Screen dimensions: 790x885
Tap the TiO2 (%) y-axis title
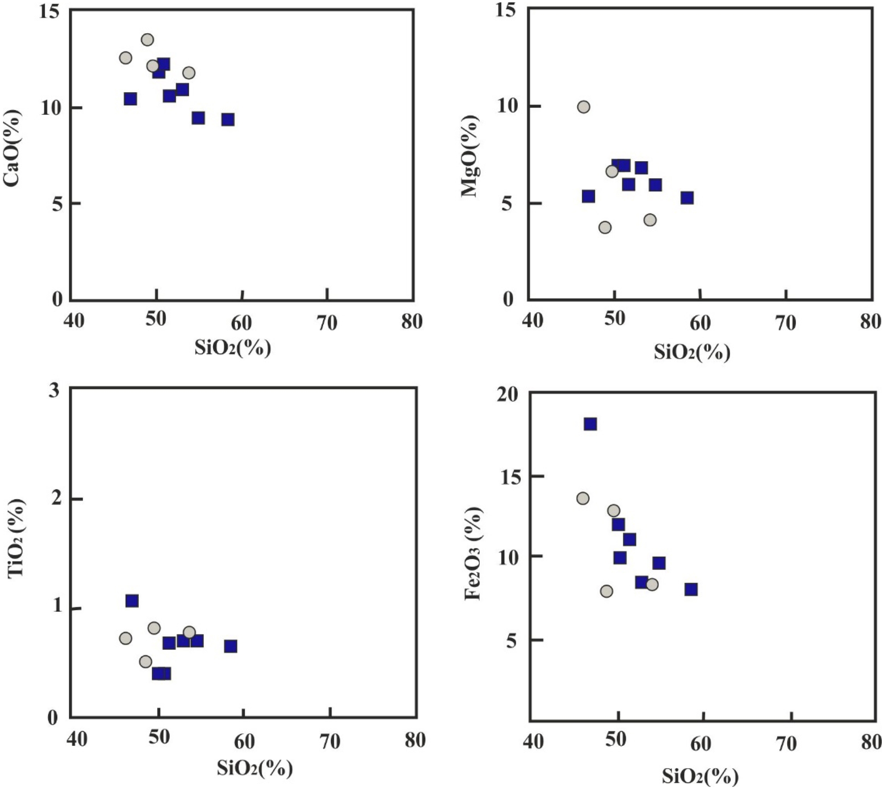[17, 538]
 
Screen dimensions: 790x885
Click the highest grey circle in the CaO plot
[147, 40]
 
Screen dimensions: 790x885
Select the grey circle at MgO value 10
[584, 107]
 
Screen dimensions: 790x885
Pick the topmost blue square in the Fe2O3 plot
[590, 424]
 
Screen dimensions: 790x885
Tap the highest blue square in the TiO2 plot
[132, 601]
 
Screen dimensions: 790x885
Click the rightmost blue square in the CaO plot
[228, 120]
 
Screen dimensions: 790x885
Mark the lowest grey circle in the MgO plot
[605, 227]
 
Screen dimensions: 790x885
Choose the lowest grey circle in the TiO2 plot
[146, 662]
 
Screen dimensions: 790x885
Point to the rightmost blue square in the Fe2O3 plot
[690, 589]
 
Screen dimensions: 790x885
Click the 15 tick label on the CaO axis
[50, 12]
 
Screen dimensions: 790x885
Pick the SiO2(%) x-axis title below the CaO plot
[233, 348]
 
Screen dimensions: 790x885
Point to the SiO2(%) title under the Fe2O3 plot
[700, 777]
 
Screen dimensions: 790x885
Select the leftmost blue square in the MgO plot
[588, 196]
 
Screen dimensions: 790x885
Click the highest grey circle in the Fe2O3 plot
[583, 499]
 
